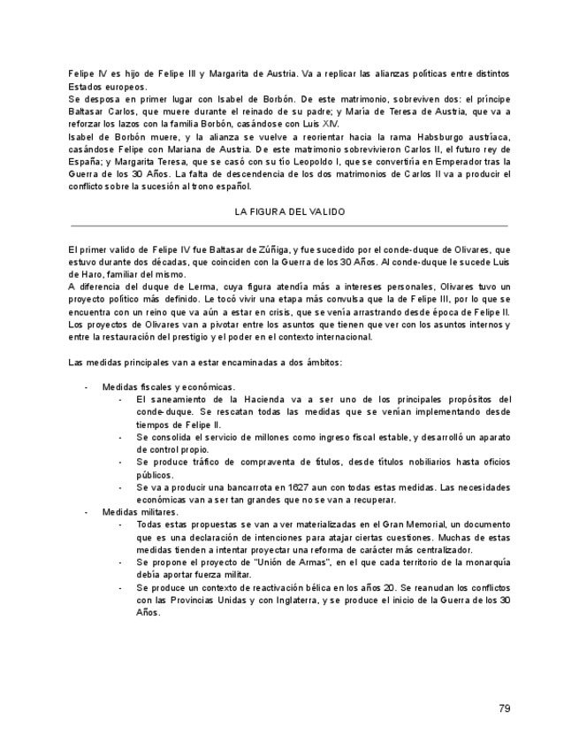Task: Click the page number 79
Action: point(504,708)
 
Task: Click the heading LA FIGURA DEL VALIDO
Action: point(289,212)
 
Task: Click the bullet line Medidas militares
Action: point(140,512)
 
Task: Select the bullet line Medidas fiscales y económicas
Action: point(168,387)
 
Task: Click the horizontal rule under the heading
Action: point(289,226)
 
